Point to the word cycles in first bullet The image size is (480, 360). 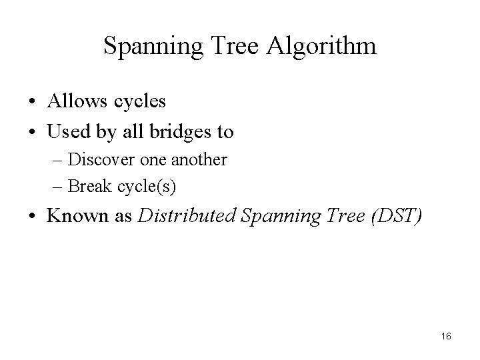tap(137, 102)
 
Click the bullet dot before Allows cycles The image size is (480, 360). tap(32, 103)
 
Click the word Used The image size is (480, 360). tap(67, 132)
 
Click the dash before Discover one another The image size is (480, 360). tap(59, 161)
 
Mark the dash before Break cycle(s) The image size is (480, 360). tap(59, 187)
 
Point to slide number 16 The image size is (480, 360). tap(446, 337)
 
